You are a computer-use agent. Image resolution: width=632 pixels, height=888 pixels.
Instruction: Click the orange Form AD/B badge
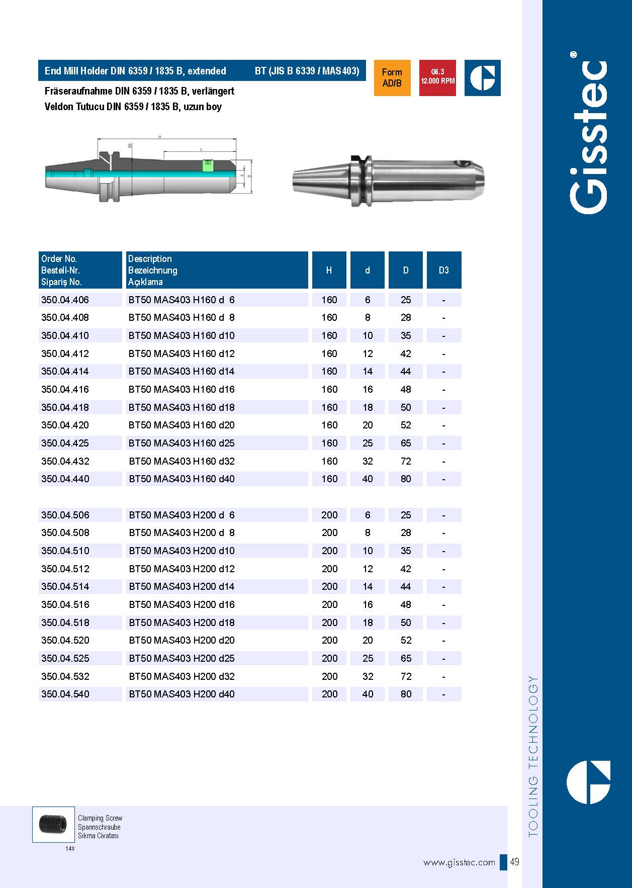coord(392,77)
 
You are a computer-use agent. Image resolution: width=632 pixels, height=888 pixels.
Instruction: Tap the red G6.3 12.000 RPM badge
coord(437,77)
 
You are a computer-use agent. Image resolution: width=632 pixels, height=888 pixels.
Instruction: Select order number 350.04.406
coord(65,300)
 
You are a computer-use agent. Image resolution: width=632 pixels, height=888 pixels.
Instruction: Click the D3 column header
coord(443,271)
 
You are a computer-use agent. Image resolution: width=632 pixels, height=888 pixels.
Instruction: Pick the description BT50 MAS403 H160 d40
coord(182,479)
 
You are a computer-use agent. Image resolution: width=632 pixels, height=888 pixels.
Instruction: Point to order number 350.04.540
coord(65,694)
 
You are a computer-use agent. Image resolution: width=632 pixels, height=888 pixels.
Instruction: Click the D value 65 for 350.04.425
coord(406,443)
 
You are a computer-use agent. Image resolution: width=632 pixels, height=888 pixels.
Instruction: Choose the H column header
coord(329,271)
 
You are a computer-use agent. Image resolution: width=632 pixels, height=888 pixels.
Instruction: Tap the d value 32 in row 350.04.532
coord(368,676)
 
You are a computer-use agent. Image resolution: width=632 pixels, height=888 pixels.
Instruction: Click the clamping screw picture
coord(53,824)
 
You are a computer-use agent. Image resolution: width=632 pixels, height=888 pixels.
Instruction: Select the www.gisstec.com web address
coord(459,863)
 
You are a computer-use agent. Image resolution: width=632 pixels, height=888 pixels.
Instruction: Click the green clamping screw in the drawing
coord(207,165)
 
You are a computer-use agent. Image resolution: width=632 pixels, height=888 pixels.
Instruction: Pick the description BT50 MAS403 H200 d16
coord(182,605)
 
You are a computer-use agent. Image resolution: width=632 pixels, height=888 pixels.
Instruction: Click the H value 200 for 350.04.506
coord(329,515)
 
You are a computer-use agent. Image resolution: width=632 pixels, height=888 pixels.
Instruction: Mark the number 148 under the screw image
coord(70,849)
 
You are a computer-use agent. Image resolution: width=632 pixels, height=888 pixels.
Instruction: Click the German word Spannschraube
coord(99,827)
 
